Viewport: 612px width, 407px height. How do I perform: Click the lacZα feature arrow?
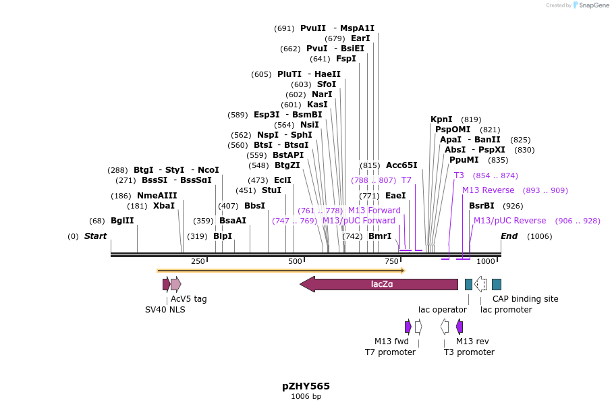point(381,284)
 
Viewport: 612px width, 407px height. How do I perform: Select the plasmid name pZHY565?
point(306,386)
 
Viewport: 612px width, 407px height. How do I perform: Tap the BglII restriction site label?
point(122,221)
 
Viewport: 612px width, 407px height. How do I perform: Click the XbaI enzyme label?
point(163,206)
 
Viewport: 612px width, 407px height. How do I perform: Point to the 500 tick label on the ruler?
point(295,261)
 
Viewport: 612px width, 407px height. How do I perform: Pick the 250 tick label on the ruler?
point(198,261)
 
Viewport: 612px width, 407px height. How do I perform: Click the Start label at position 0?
point(95,236)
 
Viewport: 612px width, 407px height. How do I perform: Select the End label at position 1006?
point(509,236)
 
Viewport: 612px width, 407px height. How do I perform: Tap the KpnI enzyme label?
point(441,119)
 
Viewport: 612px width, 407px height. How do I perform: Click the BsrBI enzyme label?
point(481,206)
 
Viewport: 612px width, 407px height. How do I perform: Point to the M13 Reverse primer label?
point(488,190)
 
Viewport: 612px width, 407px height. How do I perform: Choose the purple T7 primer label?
point(406,180)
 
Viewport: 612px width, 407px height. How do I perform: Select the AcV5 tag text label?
point(188,299)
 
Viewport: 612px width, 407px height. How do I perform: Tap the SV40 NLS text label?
point(165,310)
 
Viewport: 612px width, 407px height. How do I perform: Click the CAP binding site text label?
point(525,299)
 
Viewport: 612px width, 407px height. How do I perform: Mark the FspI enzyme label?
point(345,59)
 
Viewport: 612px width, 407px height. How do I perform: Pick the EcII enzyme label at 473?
point(282,180)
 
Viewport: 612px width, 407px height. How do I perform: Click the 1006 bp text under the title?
point(306,397)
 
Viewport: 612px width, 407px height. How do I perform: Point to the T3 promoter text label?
point(469,352)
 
